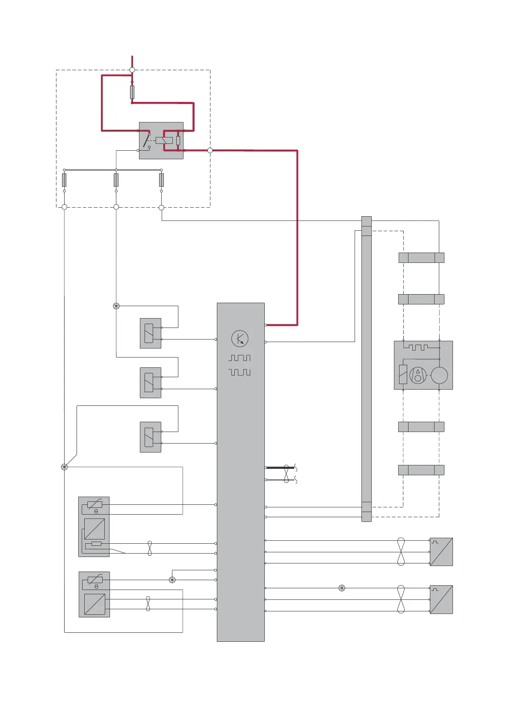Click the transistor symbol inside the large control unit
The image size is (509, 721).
[240, 339]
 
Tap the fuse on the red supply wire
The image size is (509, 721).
[132, 92]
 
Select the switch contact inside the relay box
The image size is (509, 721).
[146, 140]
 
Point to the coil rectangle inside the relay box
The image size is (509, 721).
[164, 140]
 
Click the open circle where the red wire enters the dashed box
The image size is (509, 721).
[132, 70]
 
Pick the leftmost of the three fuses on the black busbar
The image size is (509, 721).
[64, 180]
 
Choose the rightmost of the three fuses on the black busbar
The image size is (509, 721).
[161, 180]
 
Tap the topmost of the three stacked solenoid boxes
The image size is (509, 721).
[151, 333]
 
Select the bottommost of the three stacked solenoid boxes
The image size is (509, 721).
[151, 437]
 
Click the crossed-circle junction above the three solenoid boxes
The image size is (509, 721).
[116, 306]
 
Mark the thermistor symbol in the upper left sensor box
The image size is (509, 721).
[95, 505]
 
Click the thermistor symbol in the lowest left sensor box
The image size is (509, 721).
[95, 580]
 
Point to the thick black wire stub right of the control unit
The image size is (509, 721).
[280, 468]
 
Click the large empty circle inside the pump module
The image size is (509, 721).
[439, 375]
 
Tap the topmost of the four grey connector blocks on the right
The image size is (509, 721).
[421, 258]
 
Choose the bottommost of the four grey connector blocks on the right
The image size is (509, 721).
[421, 470]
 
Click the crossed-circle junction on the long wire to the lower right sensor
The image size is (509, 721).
[342, 588]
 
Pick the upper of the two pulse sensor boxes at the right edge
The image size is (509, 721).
[441, 552]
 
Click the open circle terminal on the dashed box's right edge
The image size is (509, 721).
[210, 150]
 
